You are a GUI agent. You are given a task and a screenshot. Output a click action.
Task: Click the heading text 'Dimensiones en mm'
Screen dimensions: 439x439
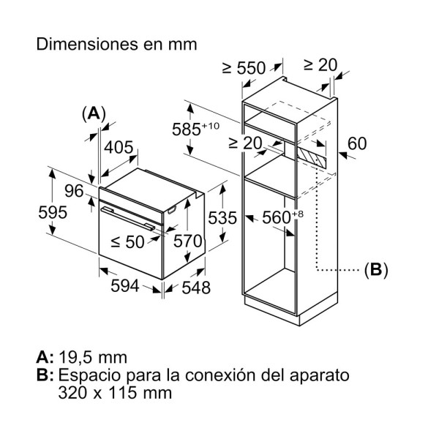point(117,44)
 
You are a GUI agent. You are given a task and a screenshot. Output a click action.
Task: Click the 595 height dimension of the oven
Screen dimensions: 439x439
point(53,212)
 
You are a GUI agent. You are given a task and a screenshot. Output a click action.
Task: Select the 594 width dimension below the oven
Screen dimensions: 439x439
point(124,286)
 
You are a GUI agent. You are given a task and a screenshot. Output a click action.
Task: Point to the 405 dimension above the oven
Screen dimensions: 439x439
point(119,147)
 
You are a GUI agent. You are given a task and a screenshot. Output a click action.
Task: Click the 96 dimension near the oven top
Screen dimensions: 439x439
point(74,192)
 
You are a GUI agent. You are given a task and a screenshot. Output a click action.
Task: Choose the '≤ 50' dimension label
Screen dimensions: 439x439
point(127,242)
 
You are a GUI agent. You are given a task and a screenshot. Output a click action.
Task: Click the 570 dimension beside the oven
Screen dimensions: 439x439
point(188,241)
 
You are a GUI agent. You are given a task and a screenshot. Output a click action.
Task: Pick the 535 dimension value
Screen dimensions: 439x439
point(222,217)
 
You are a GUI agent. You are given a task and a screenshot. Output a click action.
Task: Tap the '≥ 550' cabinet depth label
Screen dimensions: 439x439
point(244,67)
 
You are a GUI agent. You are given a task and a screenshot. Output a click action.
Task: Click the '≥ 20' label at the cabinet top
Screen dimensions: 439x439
point(320,64)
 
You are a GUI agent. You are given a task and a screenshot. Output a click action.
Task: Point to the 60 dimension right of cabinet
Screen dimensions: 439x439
point(356,143)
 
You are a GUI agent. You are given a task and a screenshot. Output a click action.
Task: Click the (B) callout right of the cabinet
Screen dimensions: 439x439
point(375,270)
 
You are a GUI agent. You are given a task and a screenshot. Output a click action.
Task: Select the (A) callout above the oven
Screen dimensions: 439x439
point(94,113)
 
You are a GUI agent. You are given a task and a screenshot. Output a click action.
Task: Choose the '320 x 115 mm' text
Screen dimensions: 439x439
point(115,393)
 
